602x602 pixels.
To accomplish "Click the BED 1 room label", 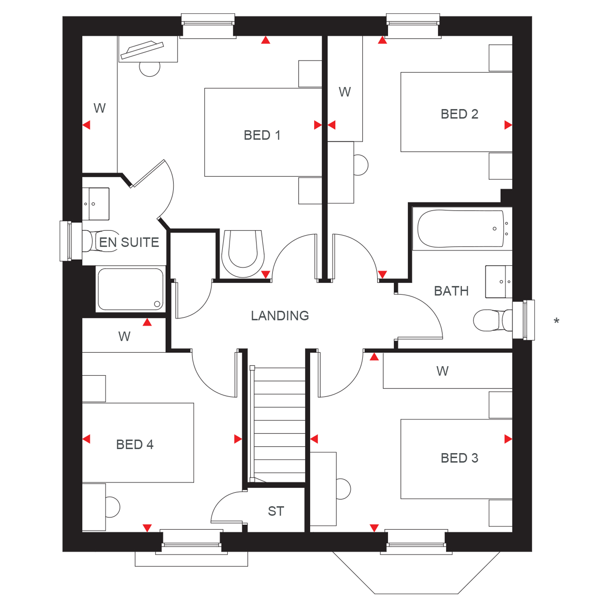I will click(x=262, y=135).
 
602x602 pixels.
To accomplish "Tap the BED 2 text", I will click(x=459, y=114).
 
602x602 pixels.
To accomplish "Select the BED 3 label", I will click(x=459, y=458).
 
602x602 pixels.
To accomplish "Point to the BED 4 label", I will click(x=135, y=445).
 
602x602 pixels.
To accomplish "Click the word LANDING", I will click(x=280, y=316).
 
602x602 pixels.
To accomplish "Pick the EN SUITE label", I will click(x=129, y=242).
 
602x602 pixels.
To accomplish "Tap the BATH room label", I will click(x=451, y=291).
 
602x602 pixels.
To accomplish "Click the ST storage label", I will click(x=276, y=511).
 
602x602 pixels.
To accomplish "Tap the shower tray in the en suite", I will click(x=130, y=289).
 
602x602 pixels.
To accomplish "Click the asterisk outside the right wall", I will click(x=556, y=321).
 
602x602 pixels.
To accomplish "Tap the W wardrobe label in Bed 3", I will click(x=442, y=371).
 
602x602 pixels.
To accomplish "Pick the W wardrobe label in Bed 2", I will click(x=344, y=92).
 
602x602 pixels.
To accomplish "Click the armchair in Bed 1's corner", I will click(x=243, y=254).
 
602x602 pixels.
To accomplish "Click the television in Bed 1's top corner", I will click(x=142, y=50).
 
